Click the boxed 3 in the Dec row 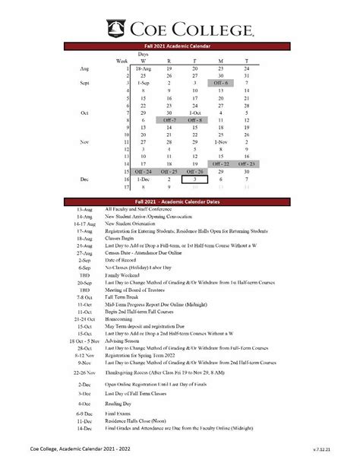tap(194, 180)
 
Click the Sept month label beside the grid tap(84, 82)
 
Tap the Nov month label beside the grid tap(84, 141)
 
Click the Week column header tap(122, 60)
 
